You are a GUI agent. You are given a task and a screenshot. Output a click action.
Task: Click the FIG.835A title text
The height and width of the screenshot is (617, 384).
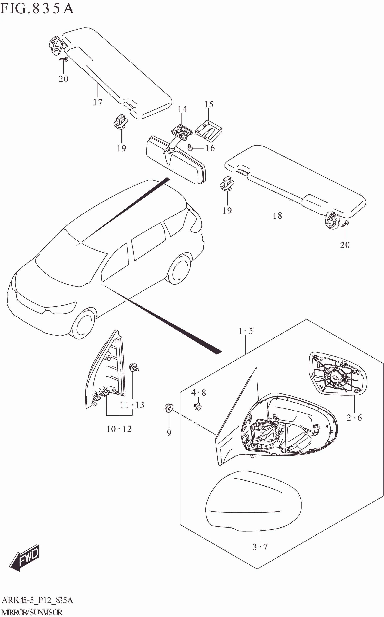pyautogui.click(x=37, y=9)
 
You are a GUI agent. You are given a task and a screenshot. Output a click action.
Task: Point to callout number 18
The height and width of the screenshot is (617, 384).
pyautogui.click(x=277, y=216)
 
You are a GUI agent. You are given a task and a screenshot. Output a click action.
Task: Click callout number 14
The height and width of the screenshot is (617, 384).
pyautogui.click(x=182, y=109)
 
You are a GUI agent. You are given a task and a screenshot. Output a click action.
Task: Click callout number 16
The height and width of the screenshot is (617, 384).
pyautogui.click(x=210, y=148)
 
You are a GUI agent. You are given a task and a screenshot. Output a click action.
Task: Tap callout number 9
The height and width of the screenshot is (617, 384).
pyautogui.click(x=169, y=432)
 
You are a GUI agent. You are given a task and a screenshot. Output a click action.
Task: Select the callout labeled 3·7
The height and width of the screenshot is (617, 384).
pyautogui.click(x=260, y=547)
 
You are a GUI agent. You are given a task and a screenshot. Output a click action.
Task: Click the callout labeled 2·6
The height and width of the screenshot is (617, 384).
pyautogui.click(x=354, y=418)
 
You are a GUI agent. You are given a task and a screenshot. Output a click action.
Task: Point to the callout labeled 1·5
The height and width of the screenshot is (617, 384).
pyautogui.click(x=246, y=331)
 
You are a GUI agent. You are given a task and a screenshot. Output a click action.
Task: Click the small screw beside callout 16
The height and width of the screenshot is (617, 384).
pyautogui.click(x=190, y=147)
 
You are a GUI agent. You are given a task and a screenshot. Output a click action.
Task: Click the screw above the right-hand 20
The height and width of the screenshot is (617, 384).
pyautogui.click(x=346, y=223)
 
